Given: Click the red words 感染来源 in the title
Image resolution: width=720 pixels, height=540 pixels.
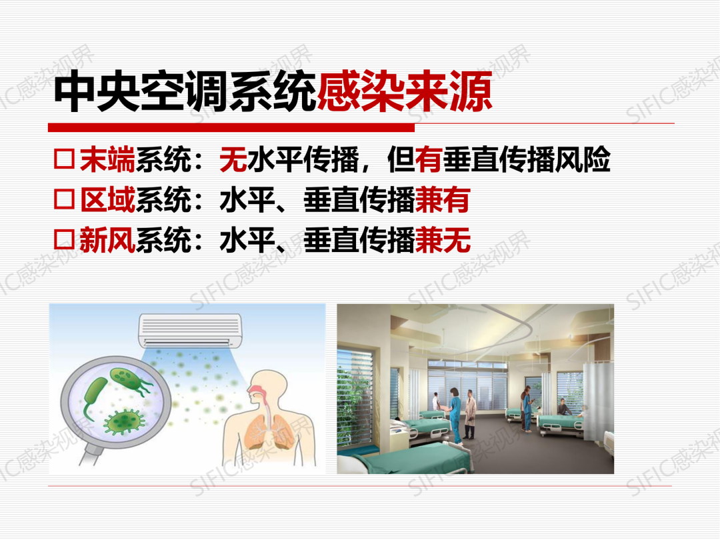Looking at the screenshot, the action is (405, 91).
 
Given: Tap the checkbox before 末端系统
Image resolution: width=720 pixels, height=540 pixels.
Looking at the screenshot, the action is (64, 159).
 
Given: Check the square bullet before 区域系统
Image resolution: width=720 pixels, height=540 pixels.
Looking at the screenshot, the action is (64, 199).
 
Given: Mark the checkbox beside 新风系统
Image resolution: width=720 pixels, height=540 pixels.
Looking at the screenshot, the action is (64, 239).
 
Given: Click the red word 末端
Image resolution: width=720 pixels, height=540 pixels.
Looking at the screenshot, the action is (107, 159).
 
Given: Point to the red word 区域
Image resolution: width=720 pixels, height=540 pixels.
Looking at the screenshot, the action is (107, 199).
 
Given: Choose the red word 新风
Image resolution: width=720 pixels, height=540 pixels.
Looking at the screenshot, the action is (107, 240).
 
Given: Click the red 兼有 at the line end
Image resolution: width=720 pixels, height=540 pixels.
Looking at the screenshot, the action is (443, 199).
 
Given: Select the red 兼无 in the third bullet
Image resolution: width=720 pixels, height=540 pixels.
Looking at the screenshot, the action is (443, 240).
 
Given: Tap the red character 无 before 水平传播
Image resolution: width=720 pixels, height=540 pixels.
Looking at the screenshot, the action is (233, 159).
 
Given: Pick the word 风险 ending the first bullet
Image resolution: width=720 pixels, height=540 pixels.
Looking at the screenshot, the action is (582, 159).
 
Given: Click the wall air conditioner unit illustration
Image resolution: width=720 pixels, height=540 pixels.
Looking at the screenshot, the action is (190, 331).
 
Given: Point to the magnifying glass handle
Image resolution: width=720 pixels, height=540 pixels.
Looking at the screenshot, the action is (91, 451).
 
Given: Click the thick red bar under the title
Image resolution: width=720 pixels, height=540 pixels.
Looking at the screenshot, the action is (231, 127).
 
